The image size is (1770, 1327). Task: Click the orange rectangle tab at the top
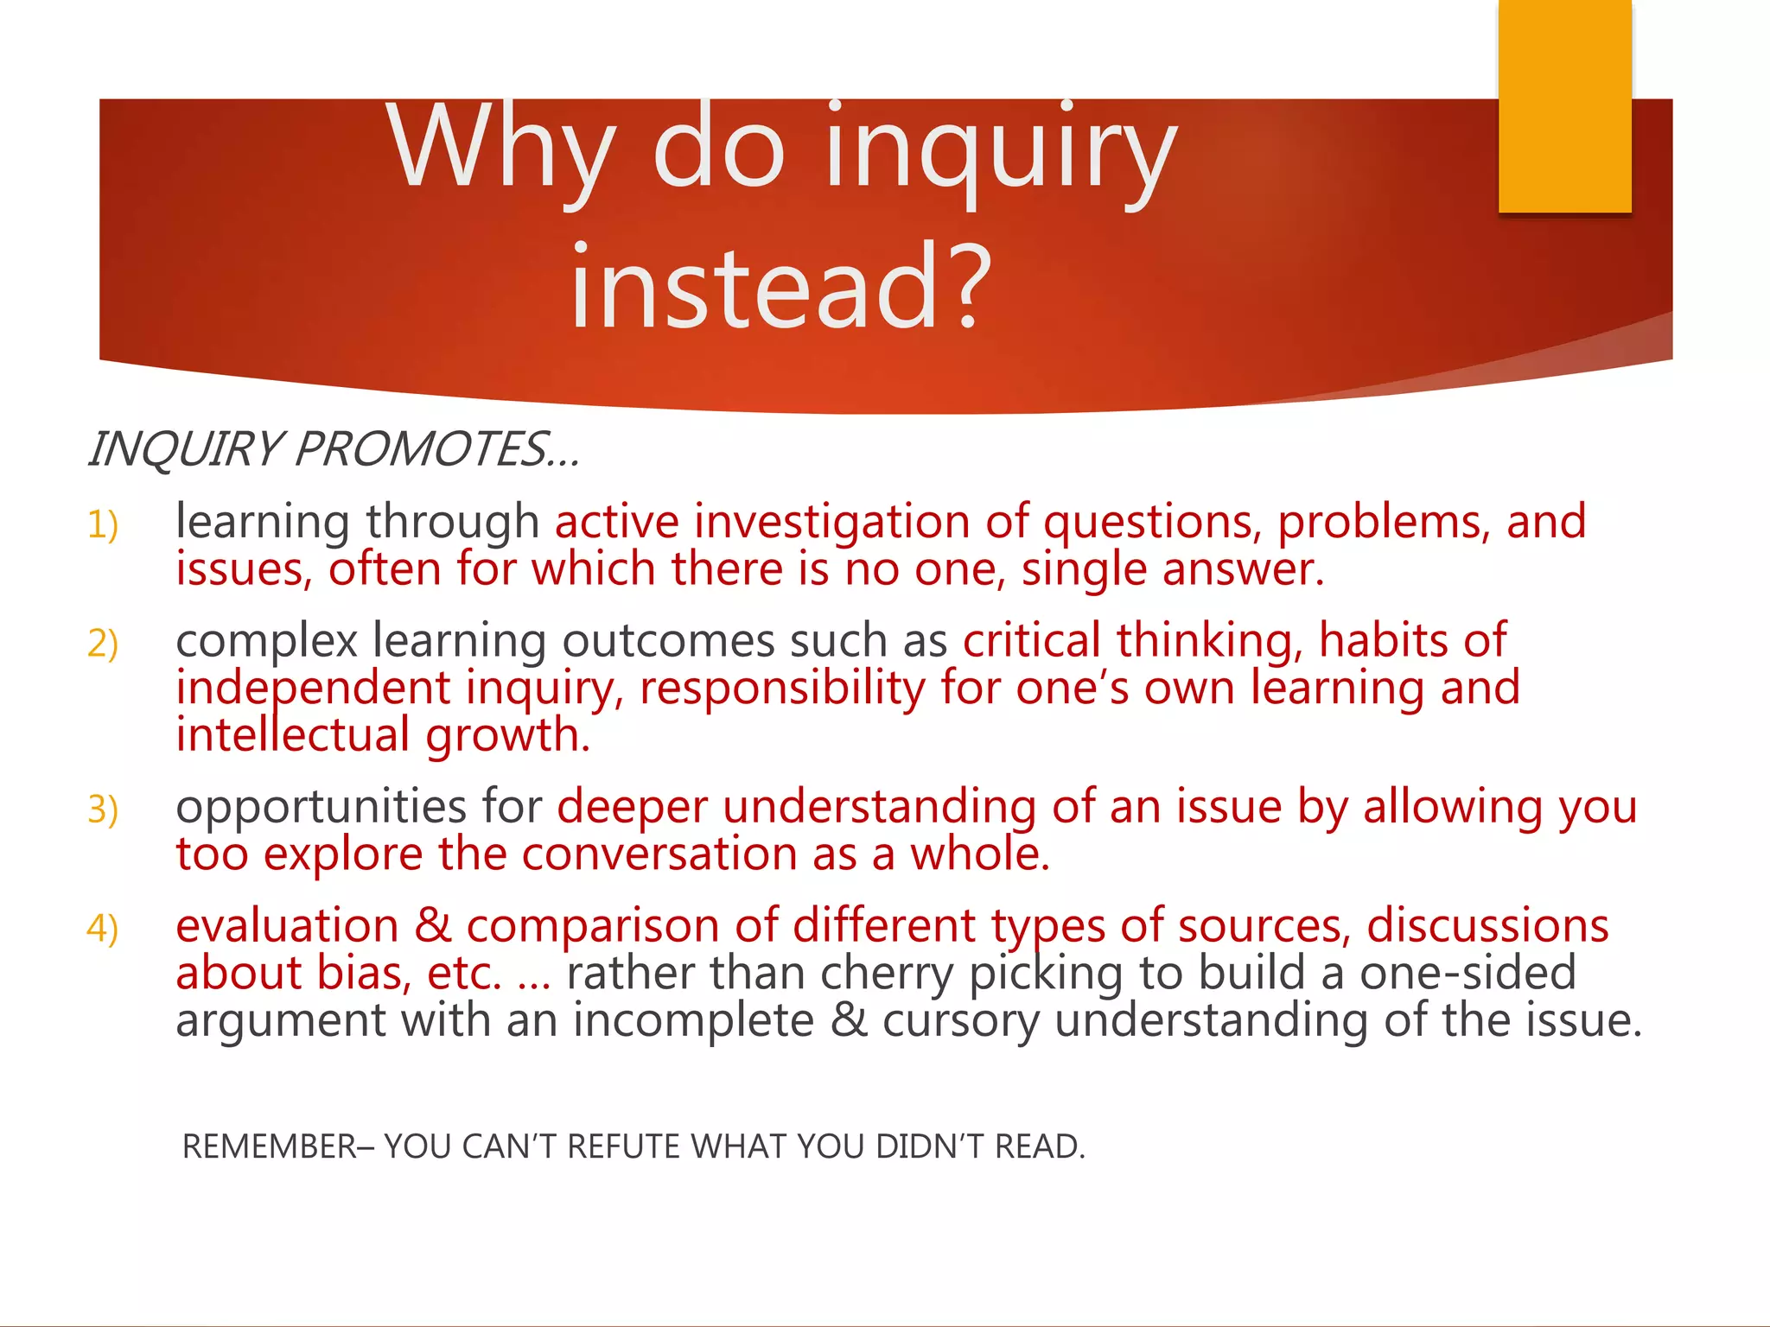click(1564, 105)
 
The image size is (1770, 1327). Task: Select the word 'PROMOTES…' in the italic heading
click(436, 450)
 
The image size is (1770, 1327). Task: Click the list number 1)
click(103, 524)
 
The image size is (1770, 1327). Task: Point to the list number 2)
click(103, 644)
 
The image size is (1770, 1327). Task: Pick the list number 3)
click(103, 810)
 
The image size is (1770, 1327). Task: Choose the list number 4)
click(103, 929)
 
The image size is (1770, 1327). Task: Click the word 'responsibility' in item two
click(782, 689)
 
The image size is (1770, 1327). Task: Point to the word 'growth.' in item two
click(507, 736)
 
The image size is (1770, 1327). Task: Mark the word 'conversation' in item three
click(659, 854)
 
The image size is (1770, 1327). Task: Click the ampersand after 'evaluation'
click(433, 926)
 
